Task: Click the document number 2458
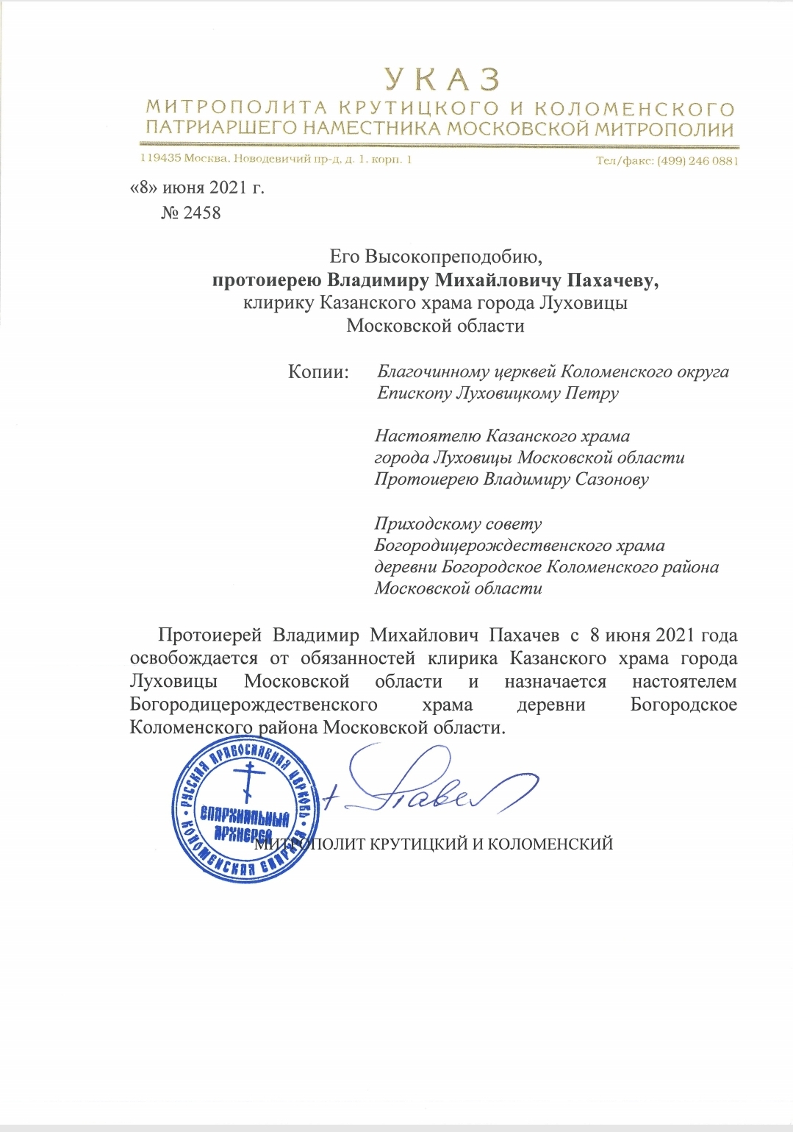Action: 201,213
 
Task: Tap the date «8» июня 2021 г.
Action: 197,188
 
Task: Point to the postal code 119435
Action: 160,159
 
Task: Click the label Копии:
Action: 317,371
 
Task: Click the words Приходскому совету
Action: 458,524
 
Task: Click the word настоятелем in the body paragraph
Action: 684,682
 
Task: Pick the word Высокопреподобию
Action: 453,257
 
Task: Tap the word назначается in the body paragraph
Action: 555,682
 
